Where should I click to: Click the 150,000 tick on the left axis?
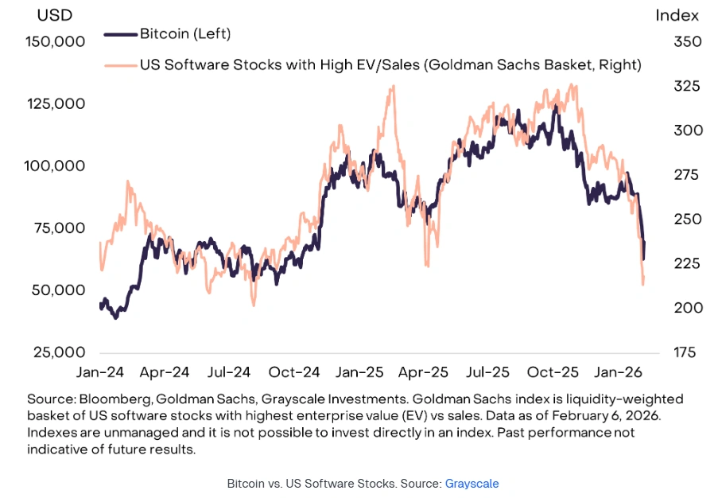coord(51,42)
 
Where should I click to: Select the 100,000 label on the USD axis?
coord(51,166)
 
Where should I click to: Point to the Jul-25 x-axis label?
coord(487,372)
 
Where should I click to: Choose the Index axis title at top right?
coord(677,15)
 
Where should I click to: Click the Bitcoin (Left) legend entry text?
coord(184,33)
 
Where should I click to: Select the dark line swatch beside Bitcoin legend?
coord(121,33)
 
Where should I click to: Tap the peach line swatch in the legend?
coord(121,64)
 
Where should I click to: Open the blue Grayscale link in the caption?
coord(472,484)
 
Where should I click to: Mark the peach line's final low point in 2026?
coord(642,284)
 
